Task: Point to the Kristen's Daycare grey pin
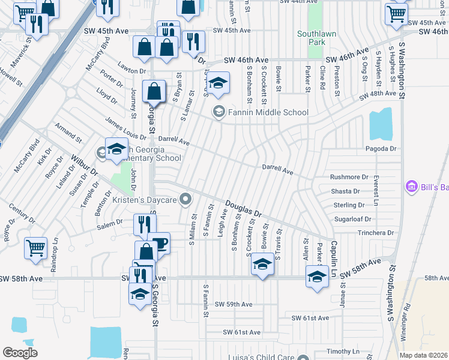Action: pos(187,199)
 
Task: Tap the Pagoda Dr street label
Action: pos(381,148)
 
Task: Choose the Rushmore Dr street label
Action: pos(349,177)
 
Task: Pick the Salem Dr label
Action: pos(110,221)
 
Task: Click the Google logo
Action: pos(20,353)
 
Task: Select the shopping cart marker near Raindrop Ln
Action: pos(35,247)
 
